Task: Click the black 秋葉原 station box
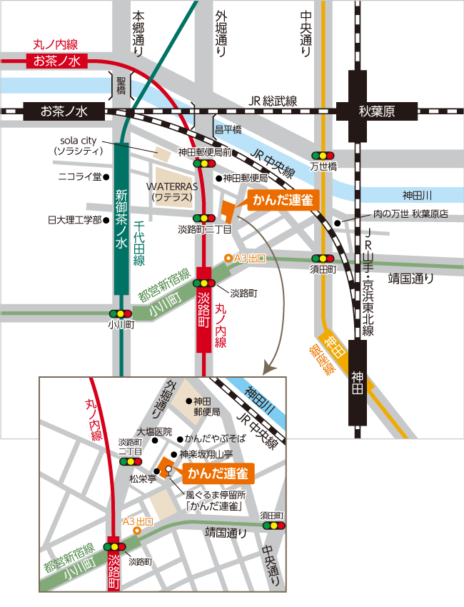(x=375, y=111)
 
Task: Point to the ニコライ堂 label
(x=79, y=176)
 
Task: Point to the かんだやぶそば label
(x=214, y=438)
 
